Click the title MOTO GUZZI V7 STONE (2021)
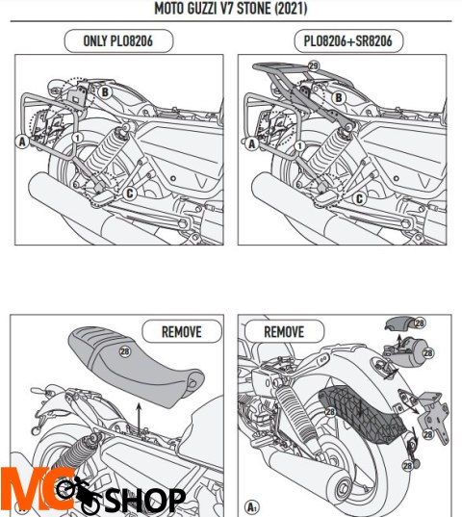231,9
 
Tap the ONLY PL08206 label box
118,40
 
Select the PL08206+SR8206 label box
348,40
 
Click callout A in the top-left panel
22,142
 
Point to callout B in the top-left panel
105,92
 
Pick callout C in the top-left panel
130,194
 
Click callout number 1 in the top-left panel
77,138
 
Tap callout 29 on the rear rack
314,65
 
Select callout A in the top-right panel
252,143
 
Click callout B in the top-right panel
339,98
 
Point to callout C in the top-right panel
359,198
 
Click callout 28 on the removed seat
125,351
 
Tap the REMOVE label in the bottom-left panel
182,332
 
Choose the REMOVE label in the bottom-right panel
284,332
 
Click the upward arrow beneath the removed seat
139,419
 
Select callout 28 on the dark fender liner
330,411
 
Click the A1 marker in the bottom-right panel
252,506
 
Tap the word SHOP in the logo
145,501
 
